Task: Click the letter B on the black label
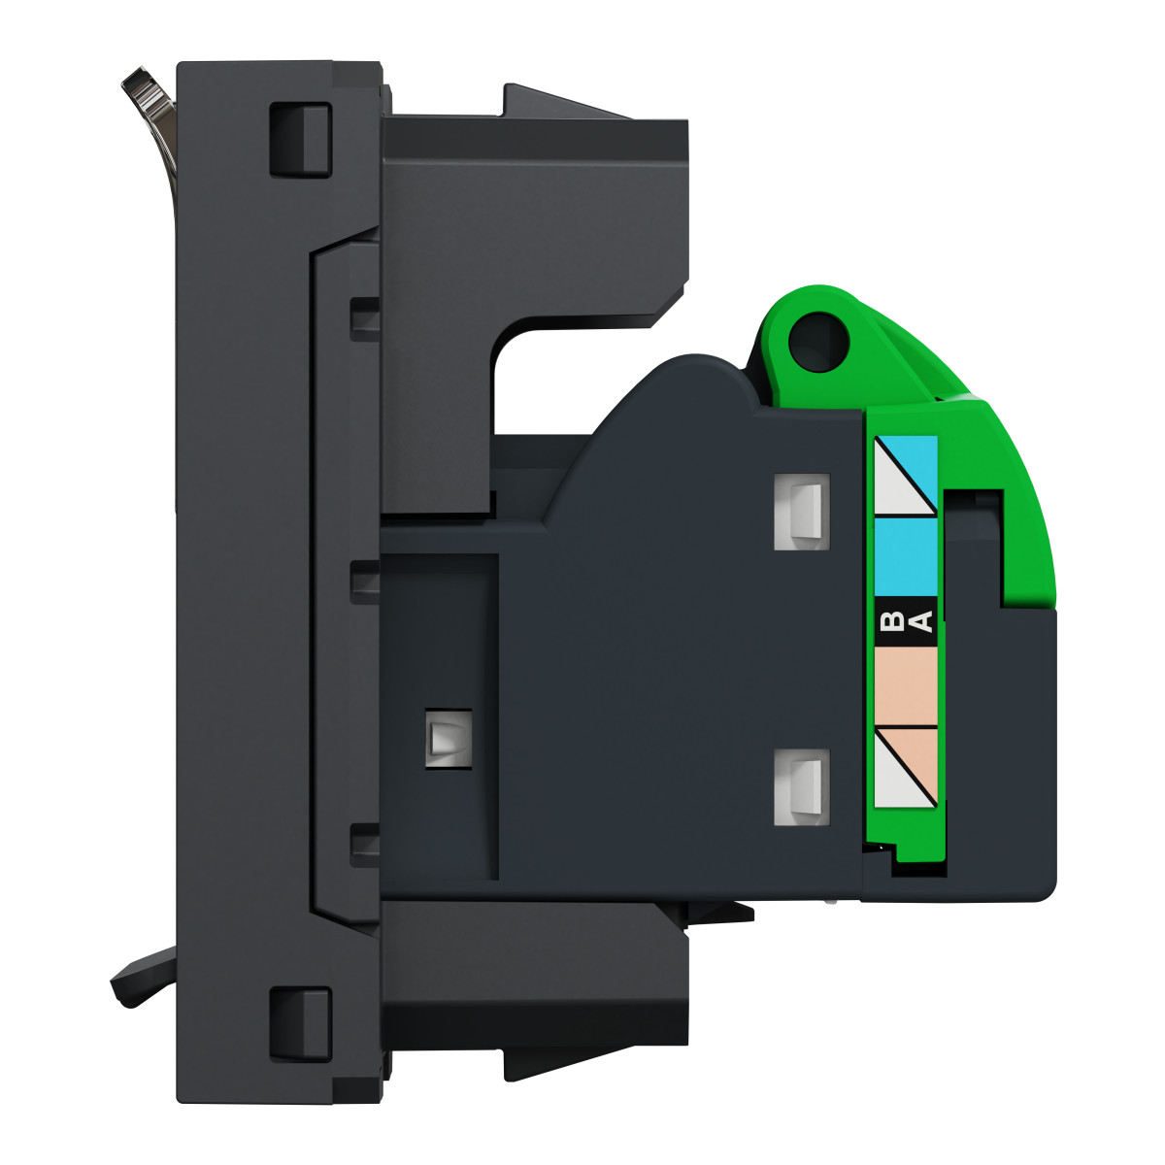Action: [x=890, y=621]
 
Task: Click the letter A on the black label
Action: [x=922, y=621]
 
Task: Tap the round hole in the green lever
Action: [x=818, y=342]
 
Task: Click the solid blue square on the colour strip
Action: [x=906, y=557]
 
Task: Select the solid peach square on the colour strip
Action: [x=906, y=686]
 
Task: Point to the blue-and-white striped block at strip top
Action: [x=906, y=476]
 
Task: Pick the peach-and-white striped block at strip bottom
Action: [x=906, y=767]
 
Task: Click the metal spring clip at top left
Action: [x=151, y=115]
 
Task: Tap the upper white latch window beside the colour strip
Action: [x=802, y=512]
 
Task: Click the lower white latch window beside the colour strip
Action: [x=802, y=786]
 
